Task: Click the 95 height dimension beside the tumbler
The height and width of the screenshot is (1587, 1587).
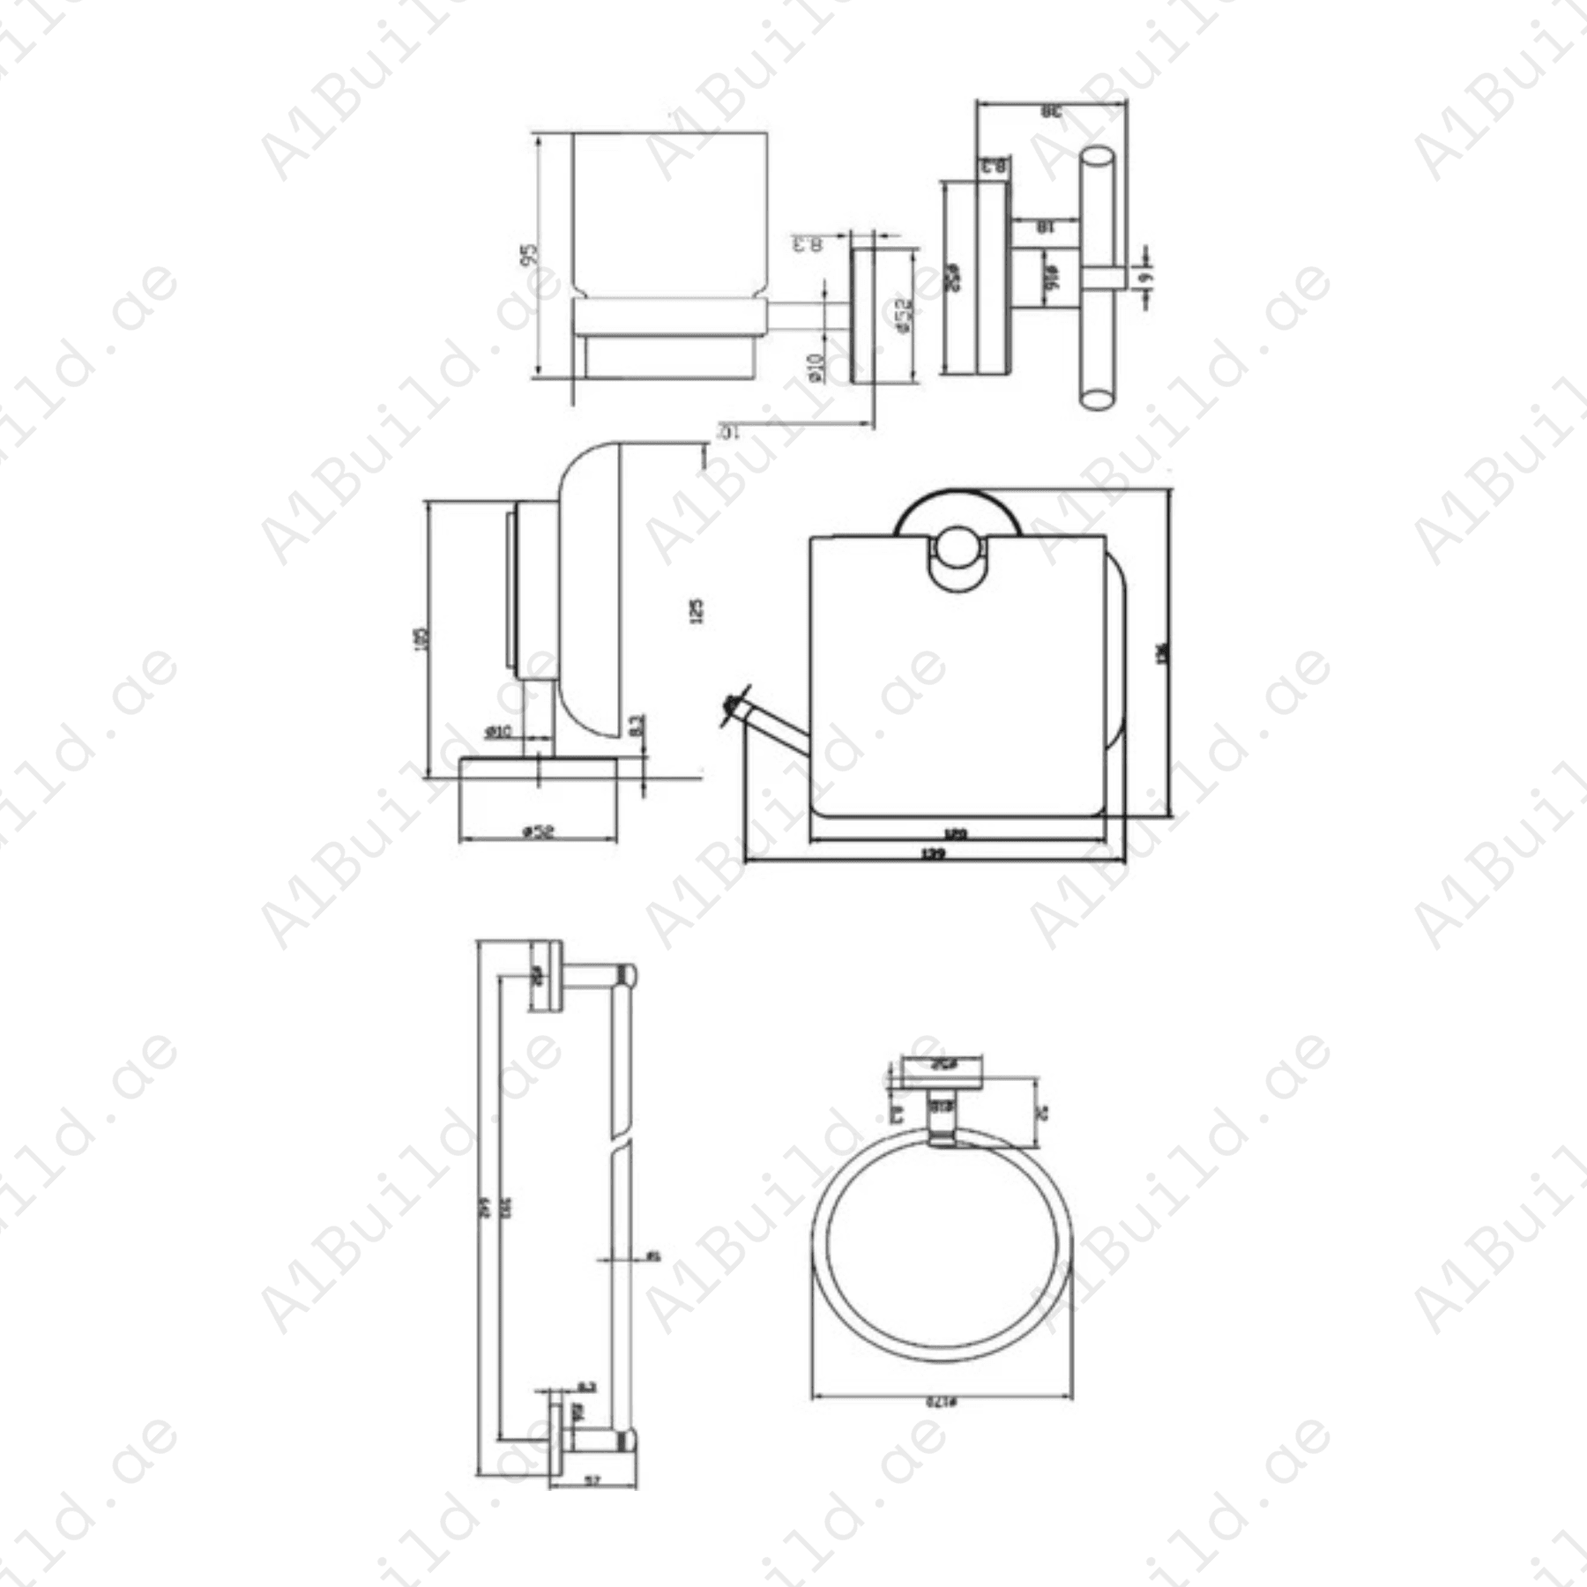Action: coord(529,255)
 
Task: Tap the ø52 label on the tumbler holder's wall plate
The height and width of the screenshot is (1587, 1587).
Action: coord(904,315)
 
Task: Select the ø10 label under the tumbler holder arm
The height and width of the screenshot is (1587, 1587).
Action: coord(816,366)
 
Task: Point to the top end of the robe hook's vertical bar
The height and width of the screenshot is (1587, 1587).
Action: coord(1097,158)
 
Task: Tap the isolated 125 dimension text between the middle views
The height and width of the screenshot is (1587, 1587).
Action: coord(697,611)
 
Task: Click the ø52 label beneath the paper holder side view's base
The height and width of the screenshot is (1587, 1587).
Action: coord(538,831)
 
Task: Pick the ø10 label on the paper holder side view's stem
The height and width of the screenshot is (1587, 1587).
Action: coord(498,732)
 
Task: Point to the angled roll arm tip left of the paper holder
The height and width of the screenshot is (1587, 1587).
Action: coord(732,705)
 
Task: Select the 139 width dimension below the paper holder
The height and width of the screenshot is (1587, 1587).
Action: coord(933,853)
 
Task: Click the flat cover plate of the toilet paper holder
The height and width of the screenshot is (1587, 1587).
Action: coord(957,688)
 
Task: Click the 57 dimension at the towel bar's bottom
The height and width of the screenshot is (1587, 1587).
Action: coord(592,1481)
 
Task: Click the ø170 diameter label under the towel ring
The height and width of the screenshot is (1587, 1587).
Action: coord(941,1401)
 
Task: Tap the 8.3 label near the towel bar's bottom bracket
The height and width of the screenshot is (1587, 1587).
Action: coord(586,1387)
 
